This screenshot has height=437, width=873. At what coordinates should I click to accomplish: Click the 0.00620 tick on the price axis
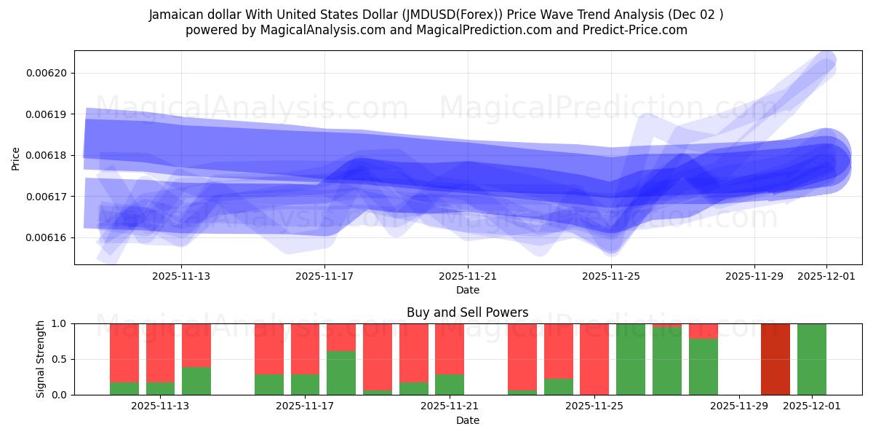tap(47, 73)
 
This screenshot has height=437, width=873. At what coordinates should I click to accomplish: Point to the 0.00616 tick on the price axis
tap(47, 237)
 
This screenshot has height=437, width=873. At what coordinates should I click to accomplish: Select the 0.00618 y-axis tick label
tap(47, 155)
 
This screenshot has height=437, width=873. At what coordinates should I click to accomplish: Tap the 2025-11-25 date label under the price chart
tap(611, 276)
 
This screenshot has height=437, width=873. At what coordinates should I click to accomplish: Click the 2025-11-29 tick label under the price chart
tap(754, 276)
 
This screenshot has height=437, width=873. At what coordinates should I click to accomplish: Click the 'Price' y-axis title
tap(16, 158)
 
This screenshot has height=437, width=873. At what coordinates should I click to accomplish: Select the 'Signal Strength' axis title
tap(41, 359)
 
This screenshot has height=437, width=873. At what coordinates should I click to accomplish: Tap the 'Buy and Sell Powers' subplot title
tap(468, 312)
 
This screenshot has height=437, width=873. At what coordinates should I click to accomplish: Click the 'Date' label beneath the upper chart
tap(468, 290)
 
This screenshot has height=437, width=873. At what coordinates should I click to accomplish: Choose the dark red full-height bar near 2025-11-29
tap(775, 359)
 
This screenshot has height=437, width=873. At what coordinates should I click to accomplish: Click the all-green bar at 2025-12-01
tap(811, 359)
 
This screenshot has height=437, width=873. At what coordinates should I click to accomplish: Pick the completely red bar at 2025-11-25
tap(594, 358)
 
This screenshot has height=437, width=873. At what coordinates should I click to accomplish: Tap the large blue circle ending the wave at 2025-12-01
tap(826, 161)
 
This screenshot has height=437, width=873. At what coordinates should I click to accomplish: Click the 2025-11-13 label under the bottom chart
tap(160, 406)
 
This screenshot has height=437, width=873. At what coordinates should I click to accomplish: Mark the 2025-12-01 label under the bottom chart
tap(811, 406)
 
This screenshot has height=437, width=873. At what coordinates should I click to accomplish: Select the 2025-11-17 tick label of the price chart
tap(324, 276)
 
